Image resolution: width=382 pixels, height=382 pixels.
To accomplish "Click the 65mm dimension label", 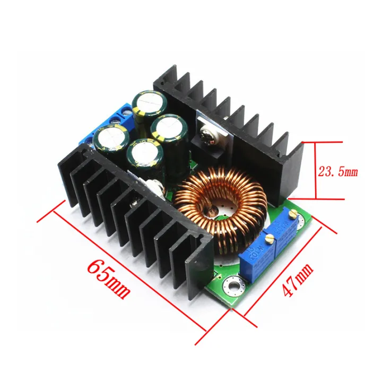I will (108, 276).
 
